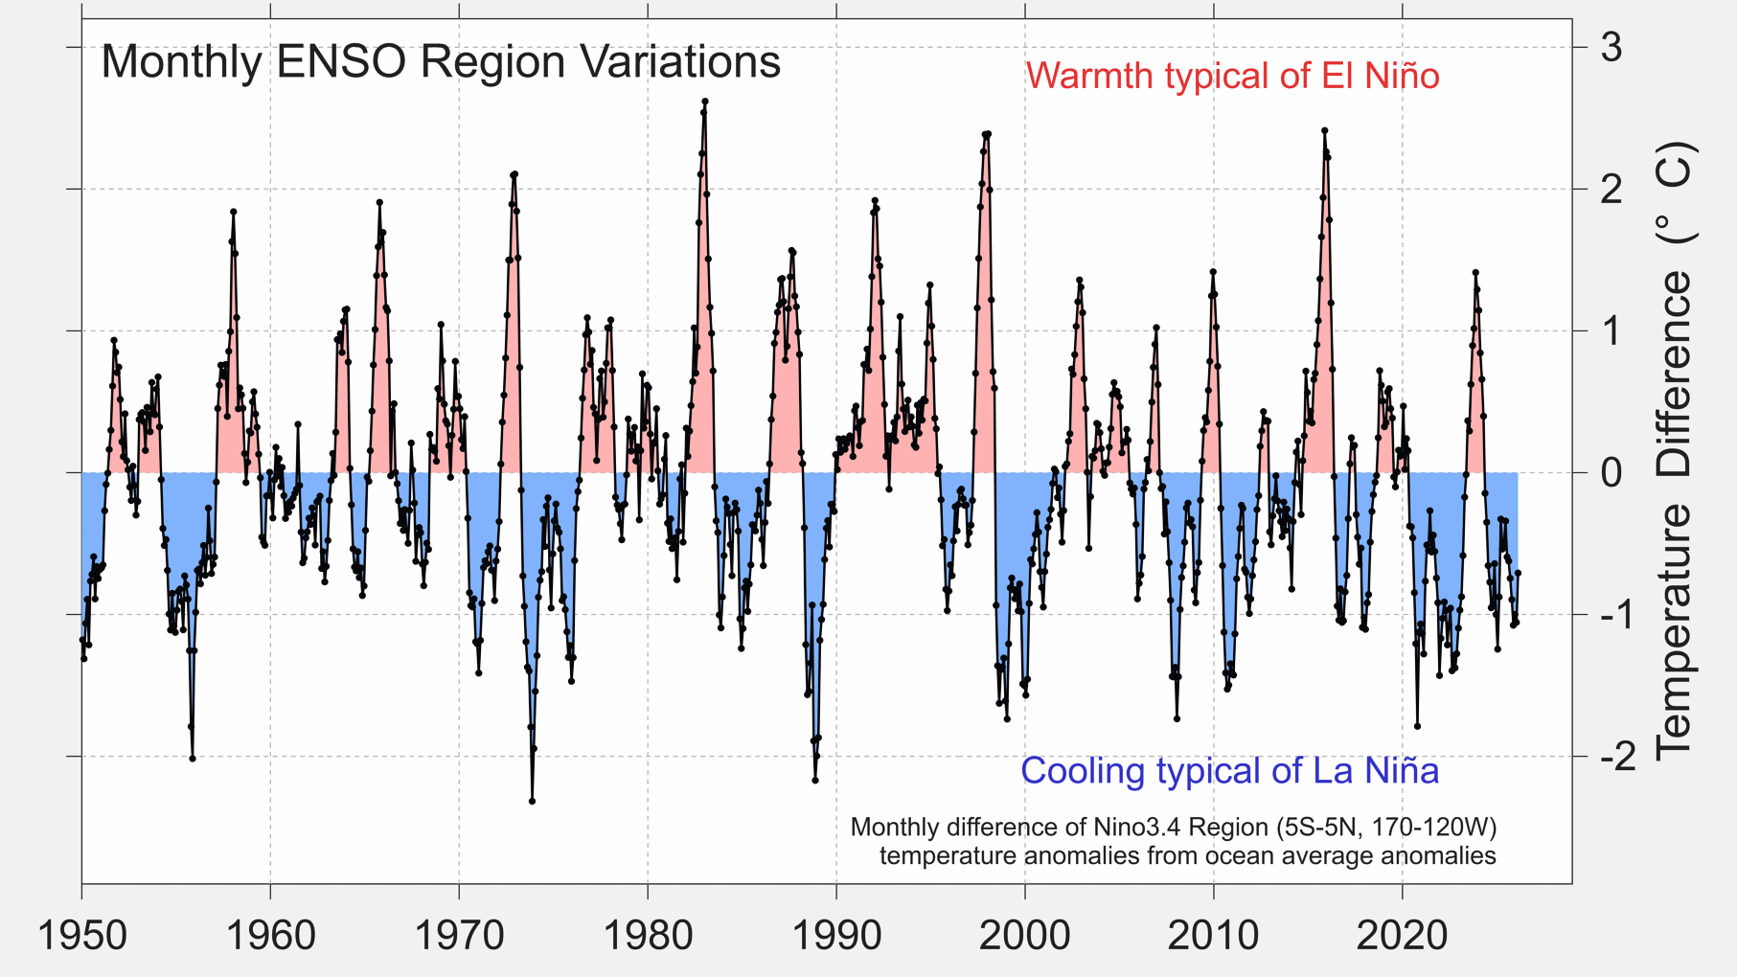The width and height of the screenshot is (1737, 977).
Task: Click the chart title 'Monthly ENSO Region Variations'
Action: (441, 63)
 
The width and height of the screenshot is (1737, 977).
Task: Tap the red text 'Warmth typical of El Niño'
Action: (1232, 76)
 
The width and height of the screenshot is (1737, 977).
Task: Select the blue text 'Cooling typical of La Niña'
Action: (1229, 771)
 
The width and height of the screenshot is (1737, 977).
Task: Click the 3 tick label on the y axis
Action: (1611, 47)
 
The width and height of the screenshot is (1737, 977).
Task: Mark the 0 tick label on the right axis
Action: (1611, 472)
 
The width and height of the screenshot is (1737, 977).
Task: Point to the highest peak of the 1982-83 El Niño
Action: (705, 101)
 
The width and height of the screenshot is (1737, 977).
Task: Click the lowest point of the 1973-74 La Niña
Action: (532, 801)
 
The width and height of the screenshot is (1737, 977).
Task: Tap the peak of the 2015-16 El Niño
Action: (1324, 130)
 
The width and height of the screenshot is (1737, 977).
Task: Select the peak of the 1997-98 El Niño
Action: (988, 134)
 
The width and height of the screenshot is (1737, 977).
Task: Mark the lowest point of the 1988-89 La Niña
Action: (815, 781)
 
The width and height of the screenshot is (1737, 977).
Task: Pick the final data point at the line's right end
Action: (1518, 573)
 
